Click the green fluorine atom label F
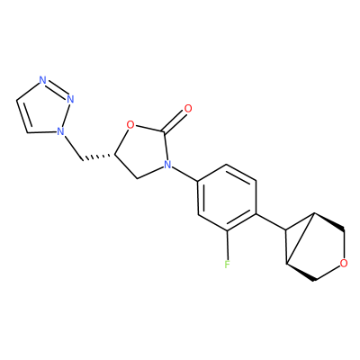click(x=227, y=265)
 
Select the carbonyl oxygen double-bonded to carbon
click(x=188, y=108)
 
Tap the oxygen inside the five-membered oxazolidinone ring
click(x=130, y=124)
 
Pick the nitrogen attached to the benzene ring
click(x=167, y=164)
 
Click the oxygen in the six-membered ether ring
click(x=344, y=264)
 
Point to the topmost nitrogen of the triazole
click(x=43, y=80)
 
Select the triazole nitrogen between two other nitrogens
click(x=70, y=99)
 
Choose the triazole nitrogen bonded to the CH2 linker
click(x=60, y=131)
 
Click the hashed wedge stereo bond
click(x=98, y=157)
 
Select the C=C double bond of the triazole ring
click(x=22, y=116)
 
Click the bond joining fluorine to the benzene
click(x=228, y=246)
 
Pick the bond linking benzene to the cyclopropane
click(x=271, y=222)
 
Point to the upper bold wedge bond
click(x=329, y=222)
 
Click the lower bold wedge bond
click(x=300, y=272)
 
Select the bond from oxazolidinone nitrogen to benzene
click(x=184, y=174)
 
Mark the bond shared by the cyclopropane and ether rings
click(x=300, y=238)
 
